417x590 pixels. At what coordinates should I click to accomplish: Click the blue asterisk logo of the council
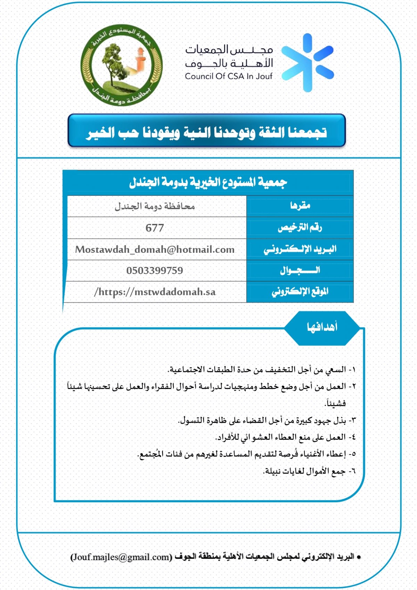(x=307, y=63)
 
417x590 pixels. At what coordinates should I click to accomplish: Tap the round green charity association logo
(x=121, y=65)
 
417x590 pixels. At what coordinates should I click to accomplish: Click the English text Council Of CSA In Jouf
(x=229, y=76)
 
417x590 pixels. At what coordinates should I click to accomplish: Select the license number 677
(x=155, y=228)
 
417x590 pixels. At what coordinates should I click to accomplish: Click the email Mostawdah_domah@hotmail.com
(x=155, y=250)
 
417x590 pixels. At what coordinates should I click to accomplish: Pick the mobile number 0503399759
(x=155, y=270)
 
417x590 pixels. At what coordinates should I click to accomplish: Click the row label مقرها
(x=300, y=206)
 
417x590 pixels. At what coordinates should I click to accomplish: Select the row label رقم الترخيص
(x=300, y=228)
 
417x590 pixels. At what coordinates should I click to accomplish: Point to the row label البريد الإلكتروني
(x=300, y=249)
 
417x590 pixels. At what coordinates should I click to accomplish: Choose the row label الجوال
(x=300, y=270)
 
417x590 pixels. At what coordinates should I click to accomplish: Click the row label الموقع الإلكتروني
(x=300, y=292)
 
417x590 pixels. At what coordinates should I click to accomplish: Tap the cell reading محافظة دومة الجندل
(x=155, y=207)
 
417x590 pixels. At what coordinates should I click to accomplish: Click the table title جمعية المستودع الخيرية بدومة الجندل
(x=208, y=182)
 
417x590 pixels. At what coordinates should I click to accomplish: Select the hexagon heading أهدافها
(x=322, y=328)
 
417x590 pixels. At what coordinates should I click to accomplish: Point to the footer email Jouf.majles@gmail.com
(x=121, y=557)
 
